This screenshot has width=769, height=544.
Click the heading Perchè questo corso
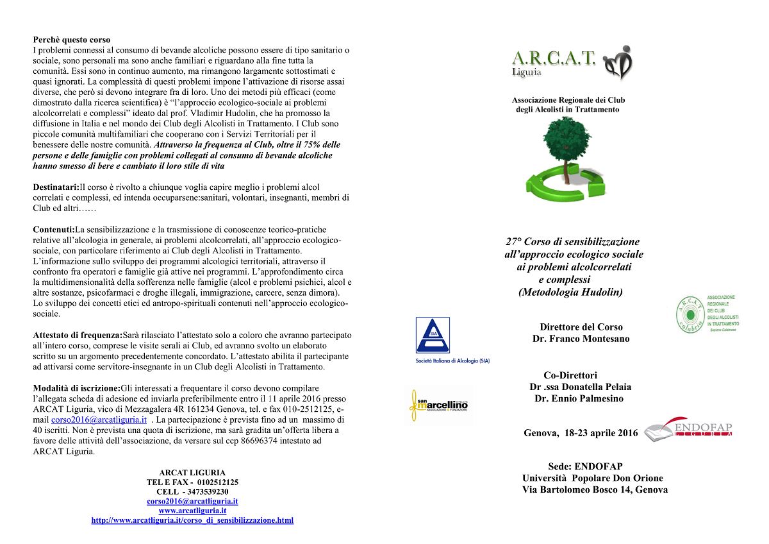(x=71, y=40)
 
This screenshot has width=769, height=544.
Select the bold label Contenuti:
(x=54, y=230)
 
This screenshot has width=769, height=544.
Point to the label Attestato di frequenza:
(x=77, y=335)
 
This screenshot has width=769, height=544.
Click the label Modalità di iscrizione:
(x=76, y=388)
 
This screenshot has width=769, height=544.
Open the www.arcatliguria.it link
(x=192, y=511)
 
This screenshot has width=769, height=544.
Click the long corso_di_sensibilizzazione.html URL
(x=192, y=520)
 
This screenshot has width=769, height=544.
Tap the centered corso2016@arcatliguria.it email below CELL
(x=192, y=501)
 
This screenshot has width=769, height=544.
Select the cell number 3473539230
(x=206, y=491)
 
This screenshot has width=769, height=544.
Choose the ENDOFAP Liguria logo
(x=689, y=429)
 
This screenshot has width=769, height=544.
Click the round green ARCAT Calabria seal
(x=690, y=314)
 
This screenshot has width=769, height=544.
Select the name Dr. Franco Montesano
(x=581, y=339)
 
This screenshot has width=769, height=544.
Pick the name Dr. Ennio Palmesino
(x=579, y=398)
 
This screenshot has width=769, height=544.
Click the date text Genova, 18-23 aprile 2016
(x=581, y=433)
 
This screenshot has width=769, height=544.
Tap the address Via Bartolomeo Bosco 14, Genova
(x=595, y=489)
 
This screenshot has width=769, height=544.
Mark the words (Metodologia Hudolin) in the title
(x=570, y=292)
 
